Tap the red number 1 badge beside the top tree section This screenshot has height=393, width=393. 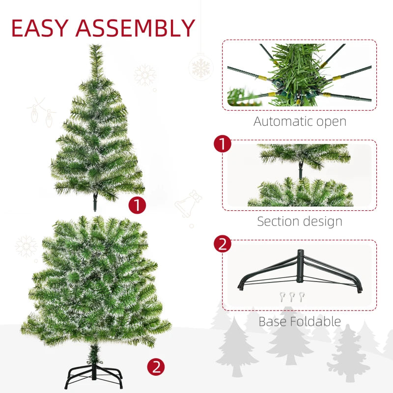[137, 205]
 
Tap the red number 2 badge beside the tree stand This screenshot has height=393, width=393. [156, 366]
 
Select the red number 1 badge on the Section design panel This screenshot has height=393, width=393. [223, 144]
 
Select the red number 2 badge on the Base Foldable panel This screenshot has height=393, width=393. [223, 244]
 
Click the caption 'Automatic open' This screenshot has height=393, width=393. [300, 121]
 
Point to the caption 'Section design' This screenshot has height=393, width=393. [300, 221]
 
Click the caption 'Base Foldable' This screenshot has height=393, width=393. [300, 322]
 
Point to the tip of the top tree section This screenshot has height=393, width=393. [95, 47]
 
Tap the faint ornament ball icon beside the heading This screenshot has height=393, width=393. [200, 66]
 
